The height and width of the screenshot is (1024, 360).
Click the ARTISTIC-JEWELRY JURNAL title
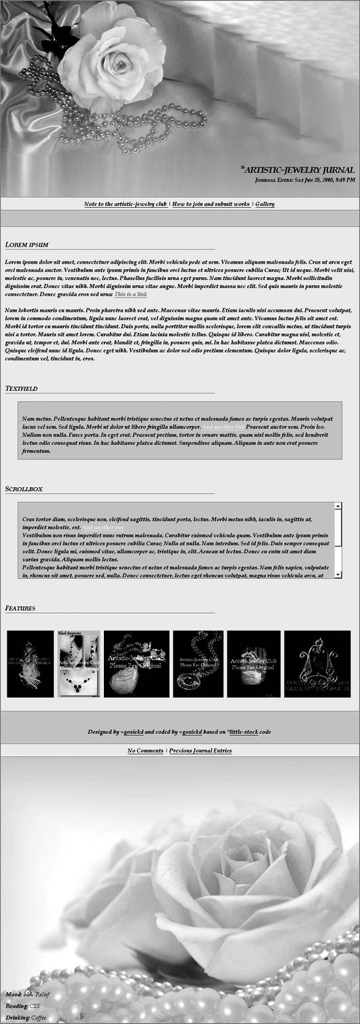[298, 169]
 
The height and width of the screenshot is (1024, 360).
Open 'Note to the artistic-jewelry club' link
[125, 204]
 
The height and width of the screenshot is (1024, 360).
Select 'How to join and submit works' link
[211, 204]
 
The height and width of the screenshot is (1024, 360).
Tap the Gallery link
[265, 204]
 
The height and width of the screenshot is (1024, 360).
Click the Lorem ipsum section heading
[26, 245]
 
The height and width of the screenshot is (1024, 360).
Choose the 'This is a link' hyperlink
[130, 294]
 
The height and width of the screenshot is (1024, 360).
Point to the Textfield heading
[21, 389]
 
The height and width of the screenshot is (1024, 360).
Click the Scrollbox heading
[24, 489]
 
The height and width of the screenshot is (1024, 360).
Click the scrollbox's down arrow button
[338, 574]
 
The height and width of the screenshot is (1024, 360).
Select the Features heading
[20, 607]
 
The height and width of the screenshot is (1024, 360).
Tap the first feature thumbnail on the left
[30, 664]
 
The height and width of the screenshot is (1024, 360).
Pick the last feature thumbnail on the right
[317, 664]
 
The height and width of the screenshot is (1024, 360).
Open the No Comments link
[145, 751]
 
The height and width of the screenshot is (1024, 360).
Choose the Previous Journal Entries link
[200, 751]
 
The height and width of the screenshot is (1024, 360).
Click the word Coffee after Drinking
[38, 1017]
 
